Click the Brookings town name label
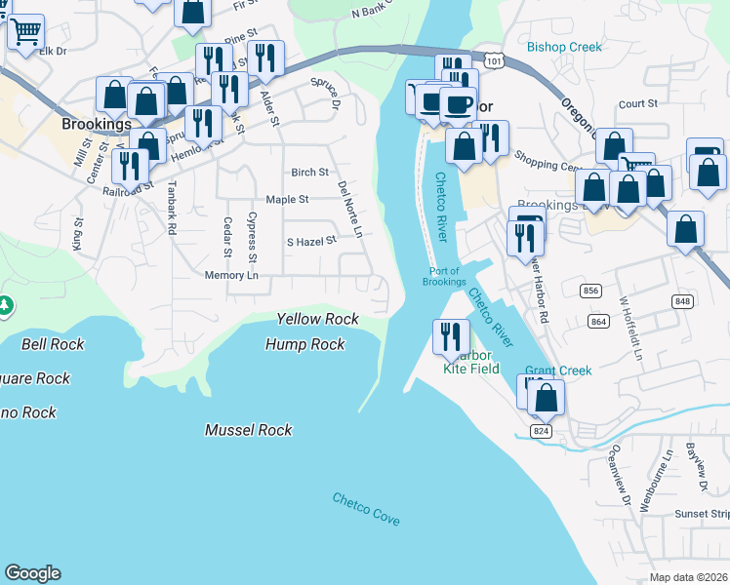(96, 125)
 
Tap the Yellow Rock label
(317, 319)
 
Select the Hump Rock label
(305, 344)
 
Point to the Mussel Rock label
(248, 430)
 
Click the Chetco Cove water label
(366, 509)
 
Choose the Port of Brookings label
(444, 276)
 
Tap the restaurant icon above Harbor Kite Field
(450, 336)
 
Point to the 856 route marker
(589, 292)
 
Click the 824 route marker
(541, 430)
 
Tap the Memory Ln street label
(231, 276)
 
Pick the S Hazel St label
(310, 240)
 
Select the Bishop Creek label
(564, 47)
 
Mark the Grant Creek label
(558, 370)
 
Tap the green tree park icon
(5, 305)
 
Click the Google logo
(32, 573)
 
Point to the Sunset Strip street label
(702, 513)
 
